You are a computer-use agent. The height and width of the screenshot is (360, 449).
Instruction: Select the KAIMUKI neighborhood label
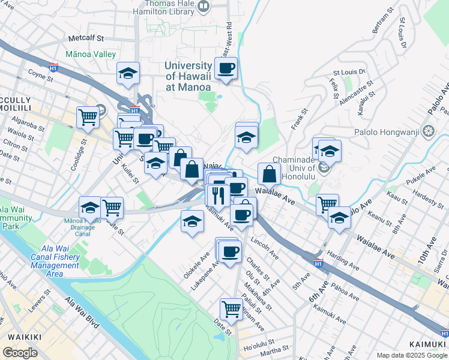click(426, 344)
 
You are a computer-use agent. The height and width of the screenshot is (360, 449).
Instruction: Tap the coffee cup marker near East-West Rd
click(226, 69)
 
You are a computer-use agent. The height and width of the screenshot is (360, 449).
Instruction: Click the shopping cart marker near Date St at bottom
click(231, 310)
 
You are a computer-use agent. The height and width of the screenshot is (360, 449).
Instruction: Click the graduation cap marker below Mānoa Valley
click(128, 74)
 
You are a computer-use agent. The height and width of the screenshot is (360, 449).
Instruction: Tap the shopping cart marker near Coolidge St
click(88, 116)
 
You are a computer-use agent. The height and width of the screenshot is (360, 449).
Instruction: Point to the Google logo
click(20, 353)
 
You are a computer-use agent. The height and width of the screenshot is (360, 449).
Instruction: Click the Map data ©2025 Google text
click(412, 355)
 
